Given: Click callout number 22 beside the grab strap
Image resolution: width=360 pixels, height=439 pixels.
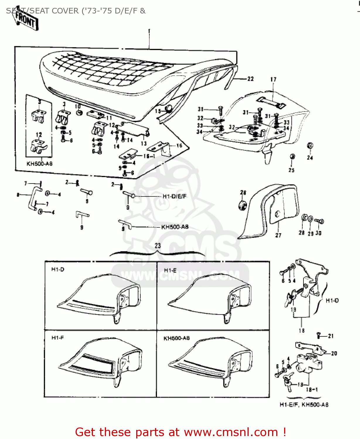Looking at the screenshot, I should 250,79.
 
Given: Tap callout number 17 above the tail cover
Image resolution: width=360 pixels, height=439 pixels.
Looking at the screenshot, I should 273,79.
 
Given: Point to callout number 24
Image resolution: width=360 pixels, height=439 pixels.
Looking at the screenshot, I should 310,158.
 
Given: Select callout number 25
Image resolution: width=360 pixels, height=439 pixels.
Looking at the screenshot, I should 291,170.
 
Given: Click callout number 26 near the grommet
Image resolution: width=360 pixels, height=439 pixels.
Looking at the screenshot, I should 243,193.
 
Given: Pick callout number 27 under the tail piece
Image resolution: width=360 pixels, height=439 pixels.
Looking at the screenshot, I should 278,235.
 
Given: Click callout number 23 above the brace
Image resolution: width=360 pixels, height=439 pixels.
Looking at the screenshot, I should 158,246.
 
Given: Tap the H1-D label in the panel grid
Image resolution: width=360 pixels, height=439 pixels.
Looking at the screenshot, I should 58,270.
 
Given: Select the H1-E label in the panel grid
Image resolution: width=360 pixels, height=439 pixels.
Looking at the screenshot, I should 170,270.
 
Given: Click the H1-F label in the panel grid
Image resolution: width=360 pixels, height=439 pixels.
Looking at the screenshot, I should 58,338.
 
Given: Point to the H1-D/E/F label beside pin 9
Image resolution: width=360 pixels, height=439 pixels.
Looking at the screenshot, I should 174,196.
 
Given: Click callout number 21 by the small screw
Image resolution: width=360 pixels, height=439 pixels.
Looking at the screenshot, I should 331,336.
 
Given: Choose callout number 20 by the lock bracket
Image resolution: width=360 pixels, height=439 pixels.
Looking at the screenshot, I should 334,353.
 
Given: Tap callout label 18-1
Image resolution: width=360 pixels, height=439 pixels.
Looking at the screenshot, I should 312,390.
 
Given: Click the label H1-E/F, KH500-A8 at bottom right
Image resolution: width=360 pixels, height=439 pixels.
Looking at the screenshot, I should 304,405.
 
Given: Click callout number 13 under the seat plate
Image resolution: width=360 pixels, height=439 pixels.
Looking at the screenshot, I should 144,143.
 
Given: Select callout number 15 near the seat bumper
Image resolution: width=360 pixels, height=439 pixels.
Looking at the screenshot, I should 158,111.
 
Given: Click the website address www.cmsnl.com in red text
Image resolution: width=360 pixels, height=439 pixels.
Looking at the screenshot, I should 231,432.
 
